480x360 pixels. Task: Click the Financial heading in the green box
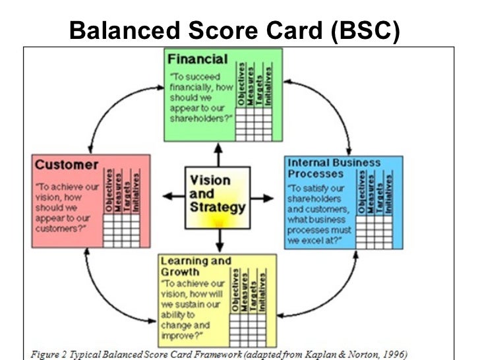tap(197, 59)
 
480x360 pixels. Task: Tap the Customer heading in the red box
tap(67, 164)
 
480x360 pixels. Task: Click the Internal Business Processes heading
tap(334, 168)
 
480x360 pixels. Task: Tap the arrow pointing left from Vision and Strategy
tap(173, 196)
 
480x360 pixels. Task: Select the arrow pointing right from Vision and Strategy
tap(262, 196)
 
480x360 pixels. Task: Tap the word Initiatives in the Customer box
tap(135, 191)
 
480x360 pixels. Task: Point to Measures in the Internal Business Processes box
tap(372, 193)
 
